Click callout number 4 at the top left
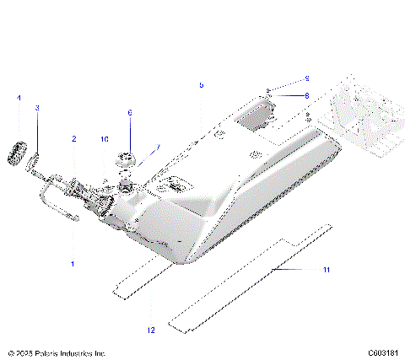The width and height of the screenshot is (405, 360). coord(19,99)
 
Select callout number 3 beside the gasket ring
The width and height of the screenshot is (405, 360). coord(37,109)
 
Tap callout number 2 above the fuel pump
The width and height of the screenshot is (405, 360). coord(73,138)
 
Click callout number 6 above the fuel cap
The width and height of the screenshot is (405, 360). coord(130,112)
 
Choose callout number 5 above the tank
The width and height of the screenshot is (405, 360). coord(201,85)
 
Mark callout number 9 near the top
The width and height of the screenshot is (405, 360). coord(306,78)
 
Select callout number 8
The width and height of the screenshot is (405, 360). coord(306,95)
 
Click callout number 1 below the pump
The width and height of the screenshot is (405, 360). coord(73,264)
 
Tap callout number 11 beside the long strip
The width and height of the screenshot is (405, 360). coord(326,269)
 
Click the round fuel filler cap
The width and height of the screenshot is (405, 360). coord(130,159)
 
